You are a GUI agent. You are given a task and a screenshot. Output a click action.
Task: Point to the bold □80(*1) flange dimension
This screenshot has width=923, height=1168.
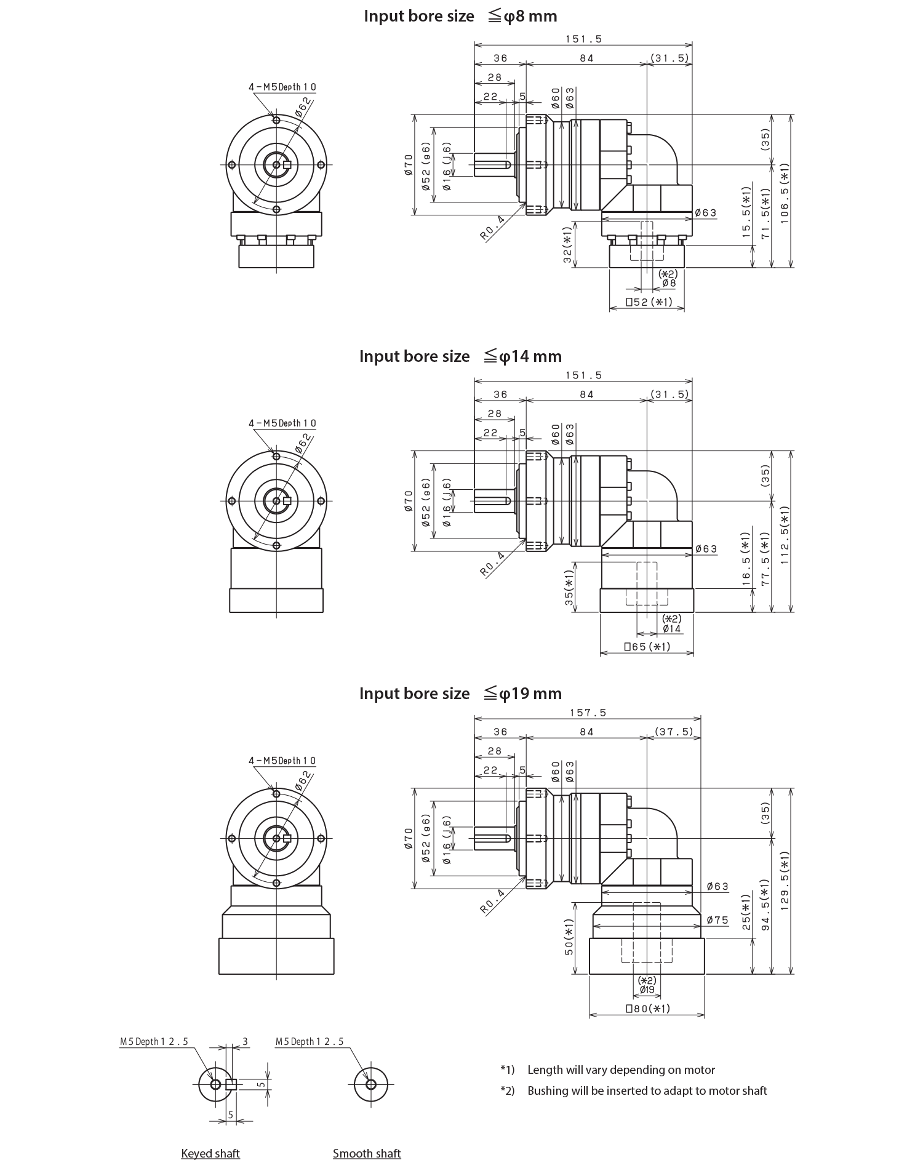pos(647,1020)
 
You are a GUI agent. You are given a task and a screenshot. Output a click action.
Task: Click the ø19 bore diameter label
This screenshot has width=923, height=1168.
pos(647,1001)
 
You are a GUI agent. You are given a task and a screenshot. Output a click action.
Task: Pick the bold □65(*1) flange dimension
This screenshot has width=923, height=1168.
pos(647,658)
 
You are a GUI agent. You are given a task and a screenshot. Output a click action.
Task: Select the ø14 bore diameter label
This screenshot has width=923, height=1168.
pos(672,640)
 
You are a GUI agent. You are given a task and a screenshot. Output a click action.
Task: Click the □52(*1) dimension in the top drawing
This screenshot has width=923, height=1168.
pos(649,302)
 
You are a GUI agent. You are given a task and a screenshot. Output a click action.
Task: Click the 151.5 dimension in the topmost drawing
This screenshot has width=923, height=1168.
pos(583,39)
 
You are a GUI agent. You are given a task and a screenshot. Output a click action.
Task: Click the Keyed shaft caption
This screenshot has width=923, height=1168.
pos(210,1153)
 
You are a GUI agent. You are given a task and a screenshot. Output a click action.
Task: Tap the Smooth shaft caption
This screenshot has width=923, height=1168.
pos(367,1153)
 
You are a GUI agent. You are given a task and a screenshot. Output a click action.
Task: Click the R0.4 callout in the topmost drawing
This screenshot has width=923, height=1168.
pos(492,226)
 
